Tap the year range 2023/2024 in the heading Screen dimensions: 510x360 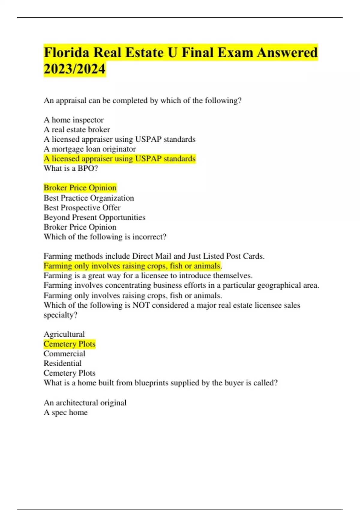pyautogui.click(x=74, y=69)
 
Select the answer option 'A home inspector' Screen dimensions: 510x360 pyautogui.click(x=73, y=120)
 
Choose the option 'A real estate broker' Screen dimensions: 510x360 pyautogui.click(x=77, y=130)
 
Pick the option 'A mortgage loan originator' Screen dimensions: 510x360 pyautogui.click(x=90, y=149)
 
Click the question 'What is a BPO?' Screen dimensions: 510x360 pyautogui.click(x=71, y=168)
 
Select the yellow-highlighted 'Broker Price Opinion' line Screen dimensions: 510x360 pyautogui.click(x=80, y=188)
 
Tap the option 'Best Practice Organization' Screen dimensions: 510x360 pyautogui.click(x=89, y=198)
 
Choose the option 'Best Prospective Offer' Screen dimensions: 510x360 pyautogui.click(x=82, y=208)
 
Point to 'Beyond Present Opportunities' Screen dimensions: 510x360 pyautogui.click(x=94, y=217)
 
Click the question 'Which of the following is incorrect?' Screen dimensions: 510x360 pyautogui.click(x=105, y=237)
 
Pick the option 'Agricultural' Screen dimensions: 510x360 pyautogui.click(x=64, y=334)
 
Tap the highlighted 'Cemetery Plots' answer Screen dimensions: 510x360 pyautogui.click(x=69, y=344)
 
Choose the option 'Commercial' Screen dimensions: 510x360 pyautogui.click(x=64, y=354)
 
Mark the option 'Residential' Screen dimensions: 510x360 pyautogui.click(x=62, y=363)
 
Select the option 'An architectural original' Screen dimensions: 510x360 pyautogui.click(x=85, y=403)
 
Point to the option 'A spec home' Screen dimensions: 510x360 pyautogui.click(x=66, y=412)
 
